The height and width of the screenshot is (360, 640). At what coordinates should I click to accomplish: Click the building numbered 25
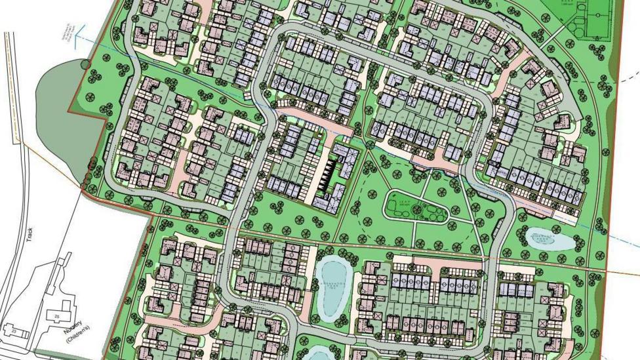tap(57, 317)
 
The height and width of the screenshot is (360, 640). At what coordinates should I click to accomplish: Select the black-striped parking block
tap(327, 173)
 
